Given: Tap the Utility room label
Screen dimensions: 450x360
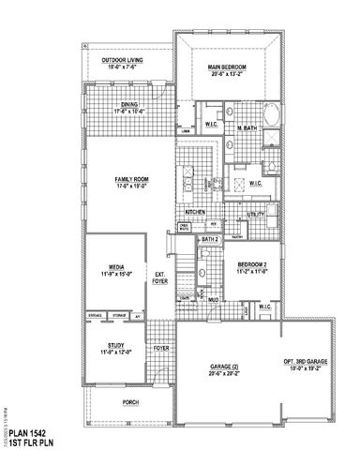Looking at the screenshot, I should (255, 215).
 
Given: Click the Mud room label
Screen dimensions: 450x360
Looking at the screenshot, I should (214, 302).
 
